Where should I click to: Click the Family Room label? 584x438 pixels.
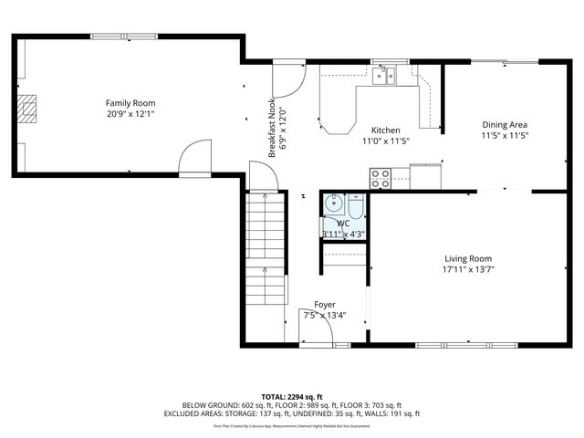point(130,103)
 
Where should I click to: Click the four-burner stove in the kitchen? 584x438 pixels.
point(380,178)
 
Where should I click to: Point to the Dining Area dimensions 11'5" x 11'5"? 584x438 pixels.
point(505,136)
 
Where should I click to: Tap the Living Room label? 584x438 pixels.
point(468,258)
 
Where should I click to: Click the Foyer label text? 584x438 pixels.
point(324,304)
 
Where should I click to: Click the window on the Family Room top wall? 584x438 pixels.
point(123,36)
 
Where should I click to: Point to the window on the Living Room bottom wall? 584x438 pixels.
point(446,345)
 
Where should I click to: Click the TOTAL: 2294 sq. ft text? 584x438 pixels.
point(291,396)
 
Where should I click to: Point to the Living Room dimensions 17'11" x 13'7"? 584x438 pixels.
point(468,270)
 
